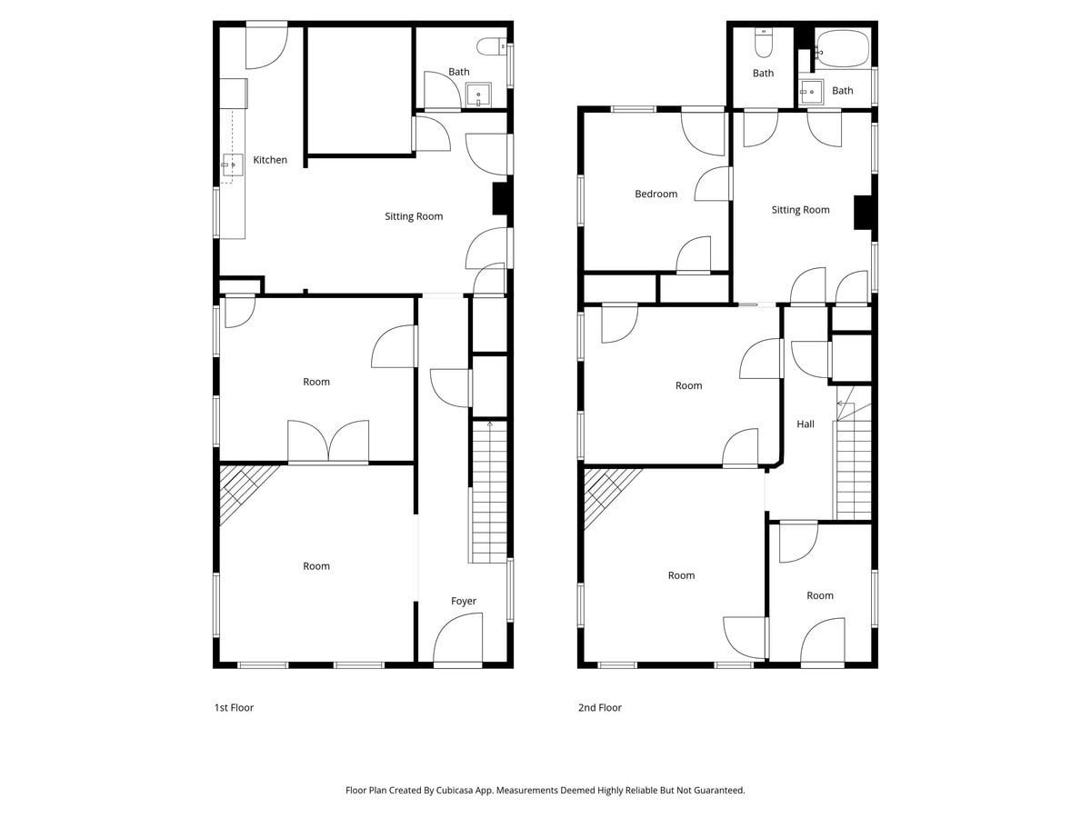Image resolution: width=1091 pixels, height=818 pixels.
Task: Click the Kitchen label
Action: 270,160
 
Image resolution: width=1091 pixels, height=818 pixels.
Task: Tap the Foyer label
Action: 464,602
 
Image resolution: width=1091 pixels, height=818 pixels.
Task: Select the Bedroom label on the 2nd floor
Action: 656,195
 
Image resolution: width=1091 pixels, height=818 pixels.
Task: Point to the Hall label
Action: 806,424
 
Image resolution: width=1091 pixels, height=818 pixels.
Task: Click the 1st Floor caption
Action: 234,708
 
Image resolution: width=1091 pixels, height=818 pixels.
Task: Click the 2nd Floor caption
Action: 599,708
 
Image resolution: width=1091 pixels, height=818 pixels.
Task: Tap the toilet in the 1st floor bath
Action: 491,47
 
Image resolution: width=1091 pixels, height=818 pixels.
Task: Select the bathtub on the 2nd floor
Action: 843,49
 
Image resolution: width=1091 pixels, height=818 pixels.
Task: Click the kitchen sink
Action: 232,165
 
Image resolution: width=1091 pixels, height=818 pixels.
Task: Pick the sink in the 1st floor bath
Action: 478,95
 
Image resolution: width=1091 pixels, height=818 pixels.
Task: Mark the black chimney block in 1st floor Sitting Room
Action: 499,199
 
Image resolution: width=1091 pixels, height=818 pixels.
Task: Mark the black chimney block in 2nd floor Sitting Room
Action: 863,213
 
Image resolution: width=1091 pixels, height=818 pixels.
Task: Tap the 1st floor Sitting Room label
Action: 414,216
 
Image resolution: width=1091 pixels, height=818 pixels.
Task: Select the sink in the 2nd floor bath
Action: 811,92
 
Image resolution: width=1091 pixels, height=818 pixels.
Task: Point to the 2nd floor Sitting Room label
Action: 800,210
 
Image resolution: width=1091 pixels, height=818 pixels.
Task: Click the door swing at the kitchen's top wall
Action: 267,45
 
